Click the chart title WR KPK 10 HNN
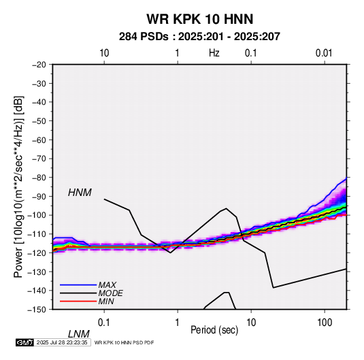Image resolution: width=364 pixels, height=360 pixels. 199,19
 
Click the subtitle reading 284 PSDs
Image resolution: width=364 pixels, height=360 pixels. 144,37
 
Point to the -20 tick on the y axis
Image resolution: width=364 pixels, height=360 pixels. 39,65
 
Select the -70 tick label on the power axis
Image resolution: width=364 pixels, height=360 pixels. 39,159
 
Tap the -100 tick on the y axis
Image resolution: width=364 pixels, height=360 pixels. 37,215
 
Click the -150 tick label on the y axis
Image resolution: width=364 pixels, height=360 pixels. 37,310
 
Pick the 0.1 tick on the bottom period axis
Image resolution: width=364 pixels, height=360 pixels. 104,323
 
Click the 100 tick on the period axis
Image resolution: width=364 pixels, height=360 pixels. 325,323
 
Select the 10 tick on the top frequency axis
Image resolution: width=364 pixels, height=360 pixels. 104,53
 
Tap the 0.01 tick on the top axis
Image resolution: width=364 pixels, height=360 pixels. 324,53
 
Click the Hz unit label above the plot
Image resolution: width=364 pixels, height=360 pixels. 214,53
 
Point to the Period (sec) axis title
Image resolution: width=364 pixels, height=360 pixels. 214,330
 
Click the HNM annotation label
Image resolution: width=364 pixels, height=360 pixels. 80,193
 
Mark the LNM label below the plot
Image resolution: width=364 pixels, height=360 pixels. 79,334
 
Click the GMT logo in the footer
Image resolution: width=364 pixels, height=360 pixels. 24,342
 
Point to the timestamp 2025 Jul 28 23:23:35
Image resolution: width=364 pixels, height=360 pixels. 62,342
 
